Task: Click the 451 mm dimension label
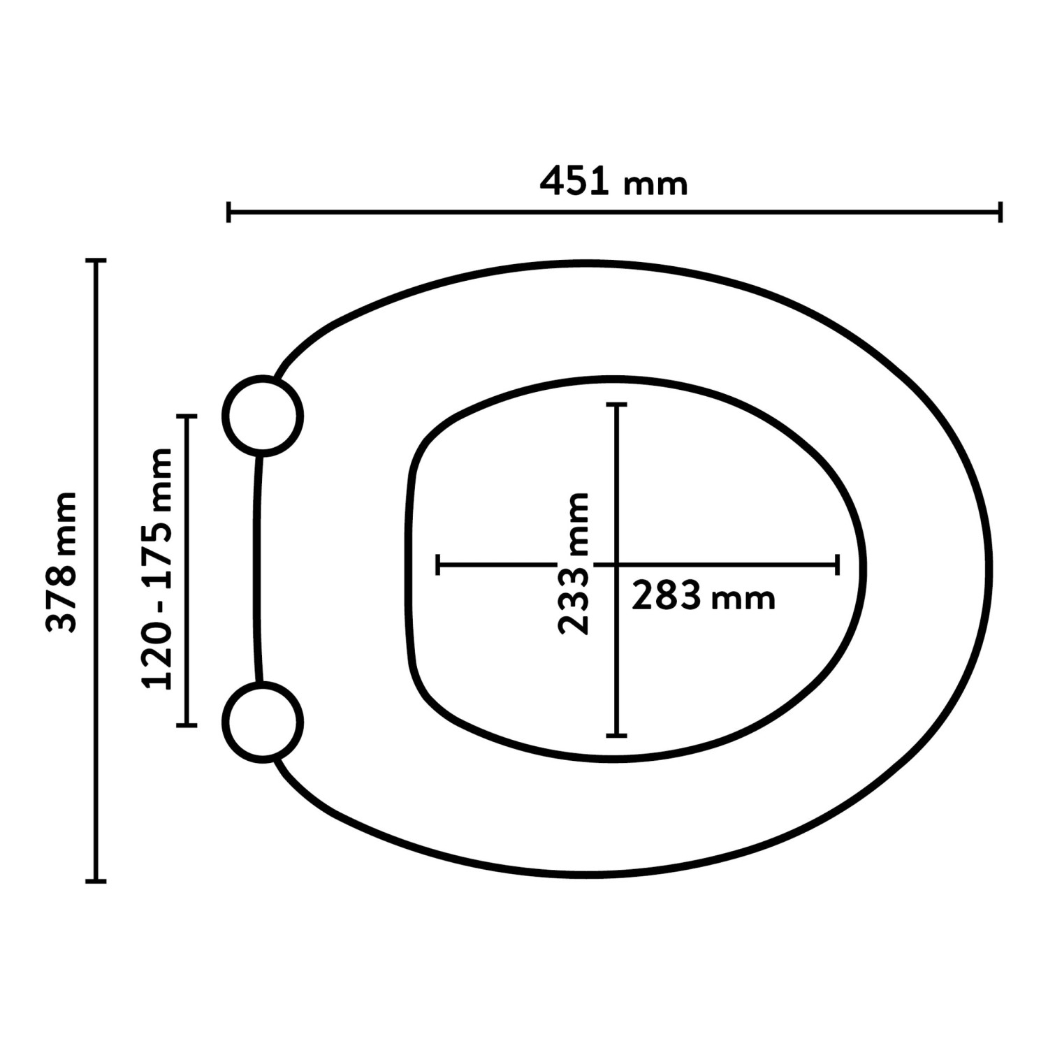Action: pos(614,182)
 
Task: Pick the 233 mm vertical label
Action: pos(574,563)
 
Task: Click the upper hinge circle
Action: pos(263,416)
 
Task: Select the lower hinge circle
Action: pos(263,722)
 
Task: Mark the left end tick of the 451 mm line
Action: pos(228,212)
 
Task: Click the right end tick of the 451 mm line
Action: pos(1000,212)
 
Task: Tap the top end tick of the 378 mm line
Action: pos(96,261)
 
